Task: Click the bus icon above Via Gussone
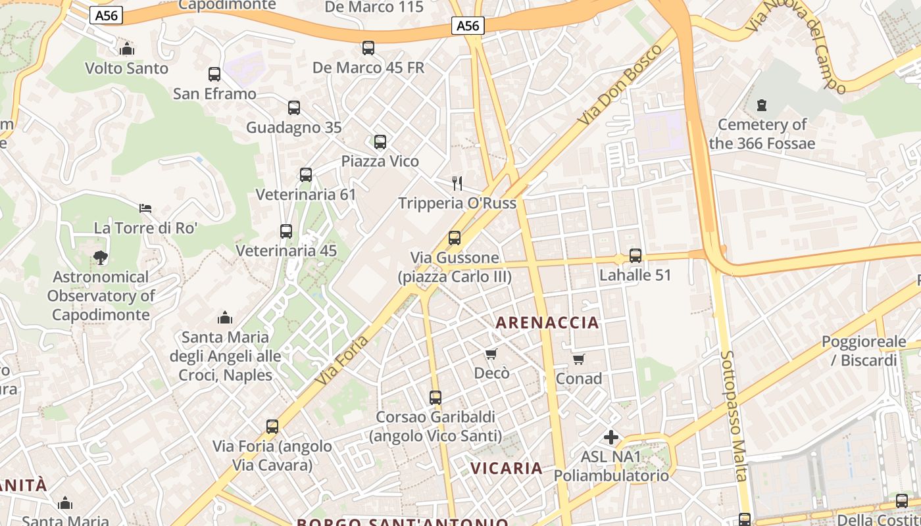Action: (x=455, y=238)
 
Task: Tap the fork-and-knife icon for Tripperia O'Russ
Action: (x=457, y=183)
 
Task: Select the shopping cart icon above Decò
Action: (x=491, y=354)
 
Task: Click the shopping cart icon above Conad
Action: (x=579, y=359)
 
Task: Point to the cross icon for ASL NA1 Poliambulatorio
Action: (x=611, y=437)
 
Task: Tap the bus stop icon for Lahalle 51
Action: (x=635, y=256)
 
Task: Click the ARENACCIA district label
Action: (x=547, y=323)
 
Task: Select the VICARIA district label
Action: (x=507, y=468)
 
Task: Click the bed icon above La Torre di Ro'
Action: (x=145, y=208)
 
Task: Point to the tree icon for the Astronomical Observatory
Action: (x=101, y=258)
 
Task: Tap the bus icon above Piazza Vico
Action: (x=380, y=142)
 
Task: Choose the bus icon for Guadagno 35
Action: (x=294, y=108)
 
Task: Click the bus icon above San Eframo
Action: (x=214, y=74)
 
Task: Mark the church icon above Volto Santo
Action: (x=127, y=49)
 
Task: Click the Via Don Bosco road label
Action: (x=620, y=85)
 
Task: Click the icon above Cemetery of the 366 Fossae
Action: (x=762, y=105)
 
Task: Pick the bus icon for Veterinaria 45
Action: (x=286, y=231)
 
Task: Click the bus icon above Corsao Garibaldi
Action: (x=436, y=398)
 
